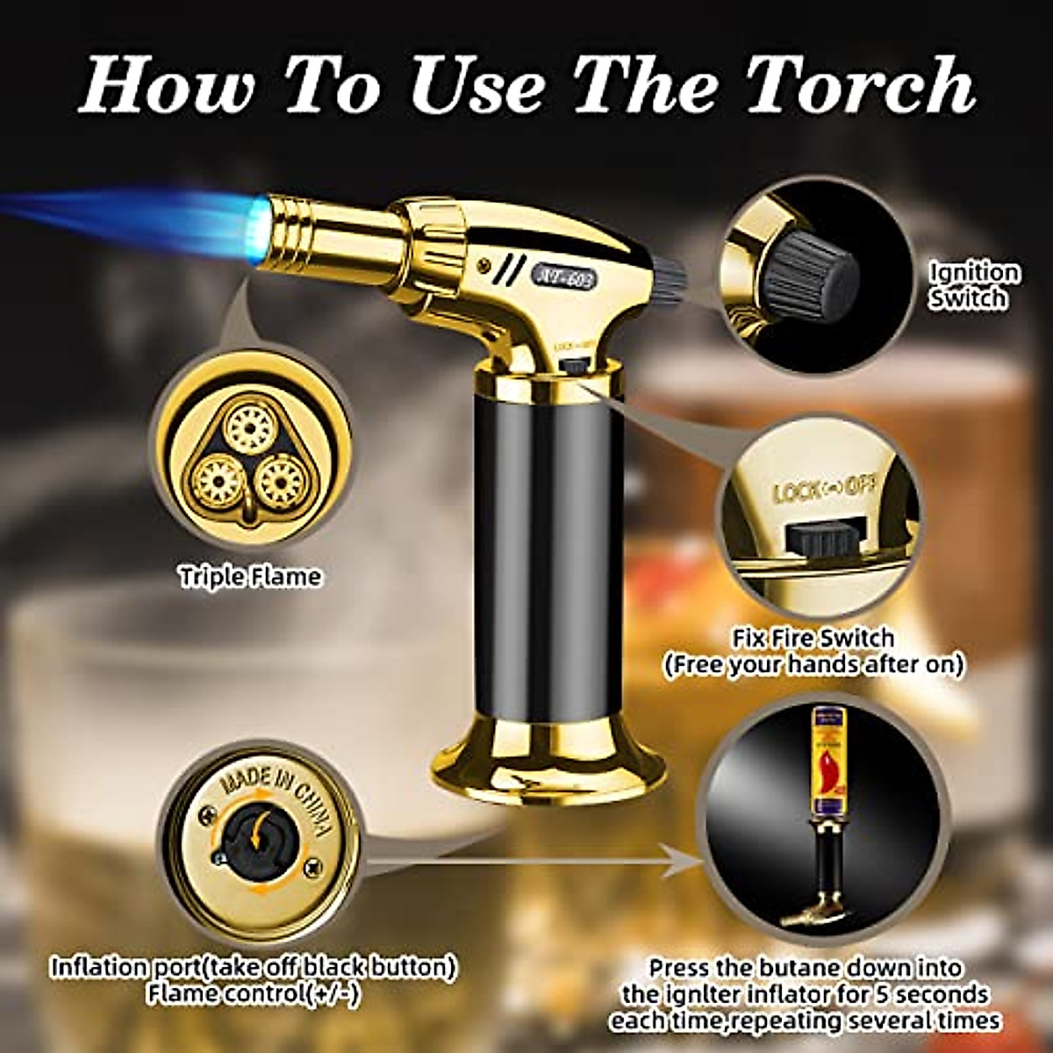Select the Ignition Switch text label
point(975,285)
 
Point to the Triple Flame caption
point(251,577)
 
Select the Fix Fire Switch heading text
point(813,638)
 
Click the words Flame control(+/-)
point(254,994)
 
